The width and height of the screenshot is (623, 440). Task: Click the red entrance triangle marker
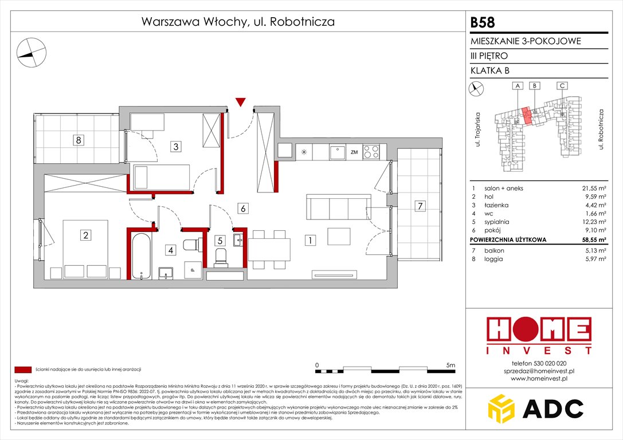(241, 103)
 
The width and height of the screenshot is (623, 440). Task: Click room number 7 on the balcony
(420, 205)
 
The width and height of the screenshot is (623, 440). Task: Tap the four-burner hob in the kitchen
(371, 152)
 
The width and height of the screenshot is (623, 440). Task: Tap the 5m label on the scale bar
(450, 365)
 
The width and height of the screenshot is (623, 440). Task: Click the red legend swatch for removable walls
(23, 370)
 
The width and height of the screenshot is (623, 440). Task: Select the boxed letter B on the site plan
(534, 85)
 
